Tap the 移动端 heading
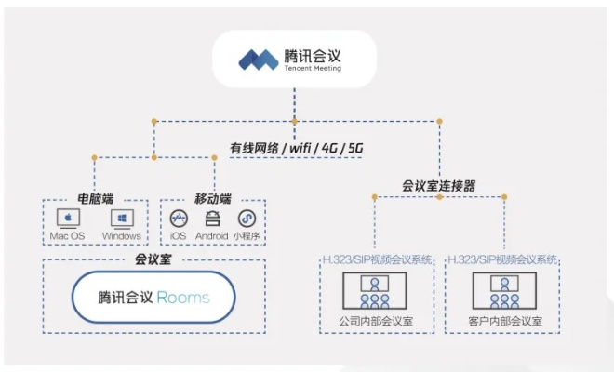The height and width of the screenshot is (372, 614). pos(212,199)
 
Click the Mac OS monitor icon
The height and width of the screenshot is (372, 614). pos(68,219)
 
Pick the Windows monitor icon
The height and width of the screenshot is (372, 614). pos(122,219)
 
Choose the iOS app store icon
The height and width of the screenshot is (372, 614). pos(179,219)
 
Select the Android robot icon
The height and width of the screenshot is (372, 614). pos(212,219)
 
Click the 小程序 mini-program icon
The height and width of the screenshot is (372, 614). pos(247,219)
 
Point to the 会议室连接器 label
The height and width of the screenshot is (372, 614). pos(439,186)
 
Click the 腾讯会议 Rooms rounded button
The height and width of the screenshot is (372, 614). pos(153,298)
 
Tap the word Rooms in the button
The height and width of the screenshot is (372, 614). pos(183,299)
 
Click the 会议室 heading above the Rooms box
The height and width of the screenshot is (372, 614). pos(153,259)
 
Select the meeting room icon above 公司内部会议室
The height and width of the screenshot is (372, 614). pos(376,291)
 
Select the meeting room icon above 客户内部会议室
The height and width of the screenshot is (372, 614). pos(503,291)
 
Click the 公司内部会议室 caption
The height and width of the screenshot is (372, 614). pos(377,322)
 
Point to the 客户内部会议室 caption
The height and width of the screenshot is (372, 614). pos(503,322)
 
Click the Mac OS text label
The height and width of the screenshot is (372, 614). pos(67,236)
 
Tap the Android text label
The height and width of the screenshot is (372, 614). pos(212,236)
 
